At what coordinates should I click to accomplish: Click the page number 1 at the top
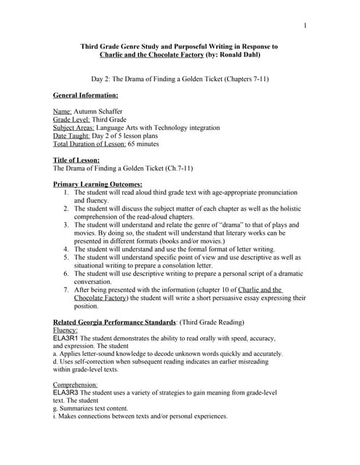[306, 26]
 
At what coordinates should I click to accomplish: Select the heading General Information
[86, 95]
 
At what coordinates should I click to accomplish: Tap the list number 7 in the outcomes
[66, 289]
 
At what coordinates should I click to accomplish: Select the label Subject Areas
[75, 127]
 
